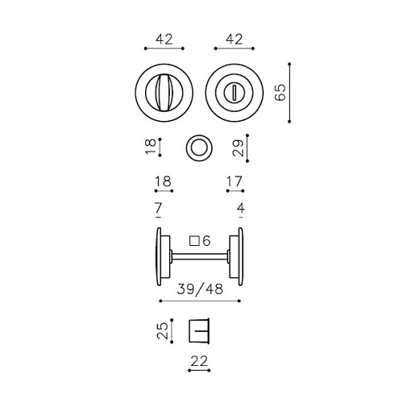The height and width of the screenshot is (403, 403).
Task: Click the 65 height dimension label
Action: pyautogui.click(x=280, y=93)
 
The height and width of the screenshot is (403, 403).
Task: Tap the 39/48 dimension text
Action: pyautogui.click(x=200, y=289)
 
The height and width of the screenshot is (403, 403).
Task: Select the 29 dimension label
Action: pyautogui.click(x=238, y=147)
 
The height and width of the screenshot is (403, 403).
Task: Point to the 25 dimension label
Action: pyautogui.click(x=162, y=330)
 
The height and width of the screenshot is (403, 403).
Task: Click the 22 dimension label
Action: pyautogui.click(x=199, y=361)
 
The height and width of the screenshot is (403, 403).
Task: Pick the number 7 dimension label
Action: pyautogui.click(x=158, y=208)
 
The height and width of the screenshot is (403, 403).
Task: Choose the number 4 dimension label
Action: pyautogui.click(x=241, y=208)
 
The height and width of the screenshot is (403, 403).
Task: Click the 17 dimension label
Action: pyautogui.click(x=235, y=181)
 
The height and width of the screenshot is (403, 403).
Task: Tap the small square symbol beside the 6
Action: pyautogui.click(x=194, y=241)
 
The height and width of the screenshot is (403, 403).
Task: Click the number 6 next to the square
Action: pyautogui.click(x=206, y=241)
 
